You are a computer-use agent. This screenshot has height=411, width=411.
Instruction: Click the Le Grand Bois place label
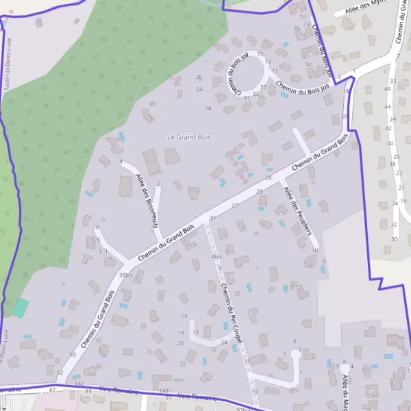click(x=189, y=137)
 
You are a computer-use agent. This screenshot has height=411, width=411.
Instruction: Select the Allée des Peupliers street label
click(x=297, y=210)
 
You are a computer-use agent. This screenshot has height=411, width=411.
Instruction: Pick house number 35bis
click(x=125, y=275)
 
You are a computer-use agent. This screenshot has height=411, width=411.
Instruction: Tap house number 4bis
click(x=217, y=256)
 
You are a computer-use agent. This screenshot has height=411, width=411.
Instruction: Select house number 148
click(x=163, y=390)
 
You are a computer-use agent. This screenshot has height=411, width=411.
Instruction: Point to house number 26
click(x=199, y=77)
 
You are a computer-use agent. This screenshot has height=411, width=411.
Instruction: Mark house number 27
click(x=234, y=206)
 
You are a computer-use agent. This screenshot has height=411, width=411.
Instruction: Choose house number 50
click(x=73, y=354)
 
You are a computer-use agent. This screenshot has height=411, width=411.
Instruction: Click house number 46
click(x=388, y=89)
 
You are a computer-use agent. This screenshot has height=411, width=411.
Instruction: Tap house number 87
click(x=52, y=390)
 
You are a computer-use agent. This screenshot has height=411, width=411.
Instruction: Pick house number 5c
click(x=309, y=64)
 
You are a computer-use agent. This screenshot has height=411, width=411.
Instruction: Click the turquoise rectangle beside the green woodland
click(x=21, y=308)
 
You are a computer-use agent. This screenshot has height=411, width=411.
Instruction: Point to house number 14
click(x=184, y=316)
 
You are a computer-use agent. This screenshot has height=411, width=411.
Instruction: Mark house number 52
click(x=60, y=373)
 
